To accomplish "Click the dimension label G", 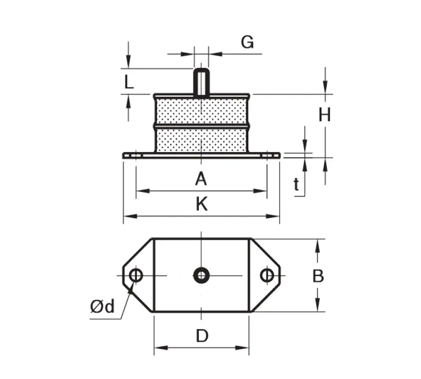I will pos(247,42).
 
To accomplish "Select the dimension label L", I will pos(129,82).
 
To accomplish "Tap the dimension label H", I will pos(325,115).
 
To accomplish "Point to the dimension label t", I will pos(296,184).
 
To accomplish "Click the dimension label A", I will pos(200,180).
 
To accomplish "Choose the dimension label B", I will pos(318,276).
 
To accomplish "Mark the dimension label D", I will pos(202,336).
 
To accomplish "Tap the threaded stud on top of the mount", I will pos(201,82).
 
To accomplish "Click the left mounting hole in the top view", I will pos(136,276).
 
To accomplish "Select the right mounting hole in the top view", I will pos(266,276).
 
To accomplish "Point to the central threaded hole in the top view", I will pos(201,276).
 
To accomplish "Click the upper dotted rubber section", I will pos(201,109).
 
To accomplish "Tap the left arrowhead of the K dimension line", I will pos(128,216).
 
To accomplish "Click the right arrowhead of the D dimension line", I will pos(245,347).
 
